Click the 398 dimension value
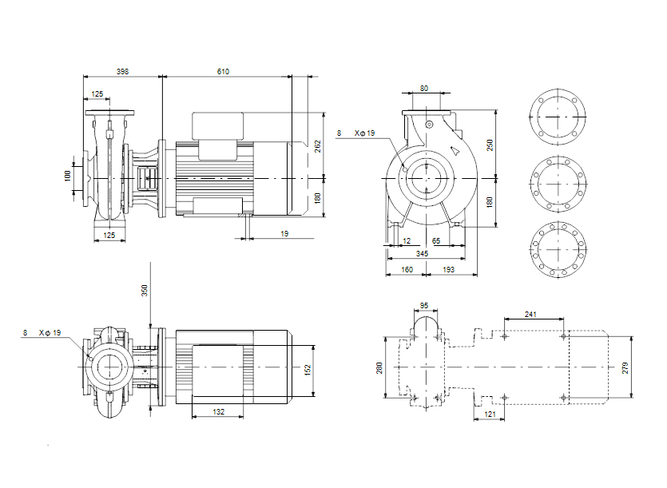[122, 72]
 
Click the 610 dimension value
[223, 72]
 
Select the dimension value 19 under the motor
[284, 233]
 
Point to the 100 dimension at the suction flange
[68, 174]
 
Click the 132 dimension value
[218, 412]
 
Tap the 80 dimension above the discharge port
[424, 88]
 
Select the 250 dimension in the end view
[490, 144]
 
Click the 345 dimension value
[423, 253]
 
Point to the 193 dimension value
[448, 270]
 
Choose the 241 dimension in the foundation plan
[530, 313]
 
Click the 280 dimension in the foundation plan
[380, 367]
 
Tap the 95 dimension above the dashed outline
[424, 305]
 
